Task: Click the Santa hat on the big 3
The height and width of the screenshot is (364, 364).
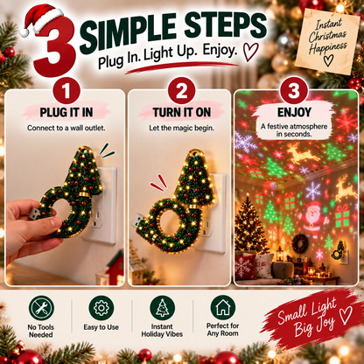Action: (x=41, y=20)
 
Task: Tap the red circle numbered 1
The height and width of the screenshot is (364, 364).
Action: (x=66, y=91)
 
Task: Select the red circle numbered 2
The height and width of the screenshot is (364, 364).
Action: (x=181, y=91)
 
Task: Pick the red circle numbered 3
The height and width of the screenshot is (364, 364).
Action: (x=294, y=91)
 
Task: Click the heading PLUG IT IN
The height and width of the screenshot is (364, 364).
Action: (x=66, y=113)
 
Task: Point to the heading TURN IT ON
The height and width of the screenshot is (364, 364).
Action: (x=181, y=113)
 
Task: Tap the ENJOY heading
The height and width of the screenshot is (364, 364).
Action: (x=294, y=112)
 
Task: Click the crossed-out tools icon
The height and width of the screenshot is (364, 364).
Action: (x=41, y=308)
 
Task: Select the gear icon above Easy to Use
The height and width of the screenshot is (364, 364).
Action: (x=101, y=308)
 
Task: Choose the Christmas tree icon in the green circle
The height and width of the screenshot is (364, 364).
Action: (x=162, y=308)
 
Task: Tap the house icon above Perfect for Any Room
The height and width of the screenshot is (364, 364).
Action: (x=223, y=307)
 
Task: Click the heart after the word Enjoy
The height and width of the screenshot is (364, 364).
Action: (x=250, y=52)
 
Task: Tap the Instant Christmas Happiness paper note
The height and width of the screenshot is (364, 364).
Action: (x=327, y=42)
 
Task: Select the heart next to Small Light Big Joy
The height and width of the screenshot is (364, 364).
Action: (x=346, y=315)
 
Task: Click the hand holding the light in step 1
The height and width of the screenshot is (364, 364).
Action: (x=28, y=229)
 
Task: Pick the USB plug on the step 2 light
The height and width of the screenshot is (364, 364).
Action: (x=137, y=220)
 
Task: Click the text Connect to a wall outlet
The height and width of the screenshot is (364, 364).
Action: (x=66, y=128)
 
